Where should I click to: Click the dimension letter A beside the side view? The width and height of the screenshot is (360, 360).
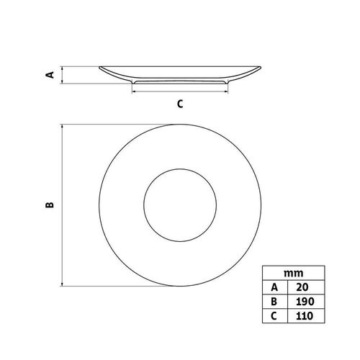pyautogui.click(x=50, y=75)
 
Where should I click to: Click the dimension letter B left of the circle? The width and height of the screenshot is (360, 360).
pyautogui.click(x=50, y=204)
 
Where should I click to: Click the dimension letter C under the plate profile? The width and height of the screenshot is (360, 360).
pyautogui.click(x=180, y=104)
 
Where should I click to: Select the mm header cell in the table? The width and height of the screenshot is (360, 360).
pyautogui.click(x=294, y=273)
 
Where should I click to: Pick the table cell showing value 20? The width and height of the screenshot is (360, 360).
pyautogui.click(x=306, y=287)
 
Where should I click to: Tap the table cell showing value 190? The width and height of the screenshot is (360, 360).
pyautogui.click(x=306, y=302)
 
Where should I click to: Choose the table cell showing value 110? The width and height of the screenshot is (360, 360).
pyautogui.click(x=306, y=315)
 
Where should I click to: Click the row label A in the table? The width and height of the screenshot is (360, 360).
pyautogui.click(x=275, y=287)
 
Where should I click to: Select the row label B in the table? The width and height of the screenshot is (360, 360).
pyautogui.click(x=275, y=302)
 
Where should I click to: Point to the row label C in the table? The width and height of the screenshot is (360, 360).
pyautogui.click(x=275, y=315)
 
